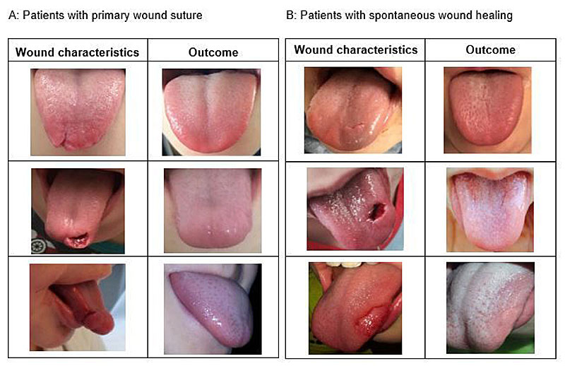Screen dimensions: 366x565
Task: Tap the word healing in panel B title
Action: point(494,15)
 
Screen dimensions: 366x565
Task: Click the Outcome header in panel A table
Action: point(213,52)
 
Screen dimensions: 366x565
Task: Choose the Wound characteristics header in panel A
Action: point(77,52)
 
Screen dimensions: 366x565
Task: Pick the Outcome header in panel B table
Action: point(491,49)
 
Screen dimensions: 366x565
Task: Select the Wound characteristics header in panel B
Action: point(355,49)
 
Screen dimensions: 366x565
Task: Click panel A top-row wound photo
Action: point(78,109)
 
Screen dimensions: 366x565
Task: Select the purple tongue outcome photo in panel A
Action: point(212,309)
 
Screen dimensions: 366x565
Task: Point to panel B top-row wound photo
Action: point(352,110)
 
